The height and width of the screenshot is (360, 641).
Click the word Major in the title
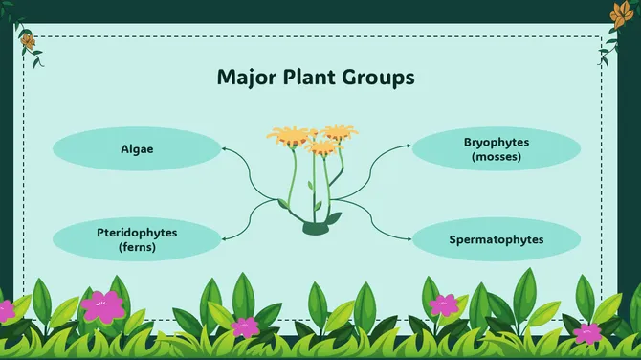pyautogui.click(x=245, y=78)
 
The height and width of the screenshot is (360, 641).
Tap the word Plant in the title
pyautogui.click(x=309, y=78)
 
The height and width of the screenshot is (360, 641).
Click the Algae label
pyautogui.click(x=137, y=149)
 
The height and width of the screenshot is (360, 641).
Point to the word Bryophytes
pyautogui.click(x=496, y=143)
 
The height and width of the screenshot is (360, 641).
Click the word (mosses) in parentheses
pyautogui.click(x=496, y=156)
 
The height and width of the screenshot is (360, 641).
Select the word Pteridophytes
pyautogui.click(x=137, y=233)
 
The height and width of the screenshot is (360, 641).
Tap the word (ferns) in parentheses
pyautogui.click(x=137, y=246)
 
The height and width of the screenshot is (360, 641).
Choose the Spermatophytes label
pyautogui.click(x=496, y=239)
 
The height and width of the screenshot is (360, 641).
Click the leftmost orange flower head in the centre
pyautogui.click(x=286, y=137)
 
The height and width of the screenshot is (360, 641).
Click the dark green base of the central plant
pyautogui.click(x=317, y=228)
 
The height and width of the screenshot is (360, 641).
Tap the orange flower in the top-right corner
pyautogui.click(x=619, y=12)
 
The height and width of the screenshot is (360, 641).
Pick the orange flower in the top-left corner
pyautogui.click(x=28, y=41)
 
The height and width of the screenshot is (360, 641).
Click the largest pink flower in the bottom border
pyautogui.click(x=101, y=305)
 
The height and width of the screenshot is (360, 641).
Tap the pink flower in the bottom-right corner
pyautogui.click(x=586, y=334)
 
